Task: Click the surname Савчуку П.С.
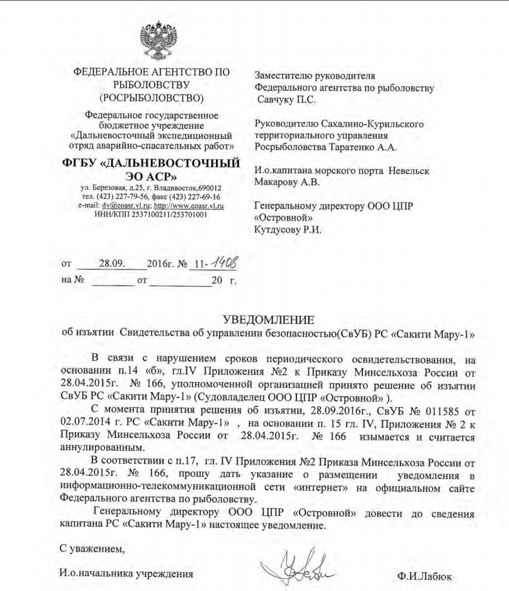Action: click(287, 100)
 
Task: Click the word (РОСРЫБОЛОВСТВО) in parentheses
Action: click(152, 98)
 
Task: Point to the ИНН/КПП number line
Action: click(151, 214)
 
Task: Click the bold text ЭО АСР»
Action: click(152, 175)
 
